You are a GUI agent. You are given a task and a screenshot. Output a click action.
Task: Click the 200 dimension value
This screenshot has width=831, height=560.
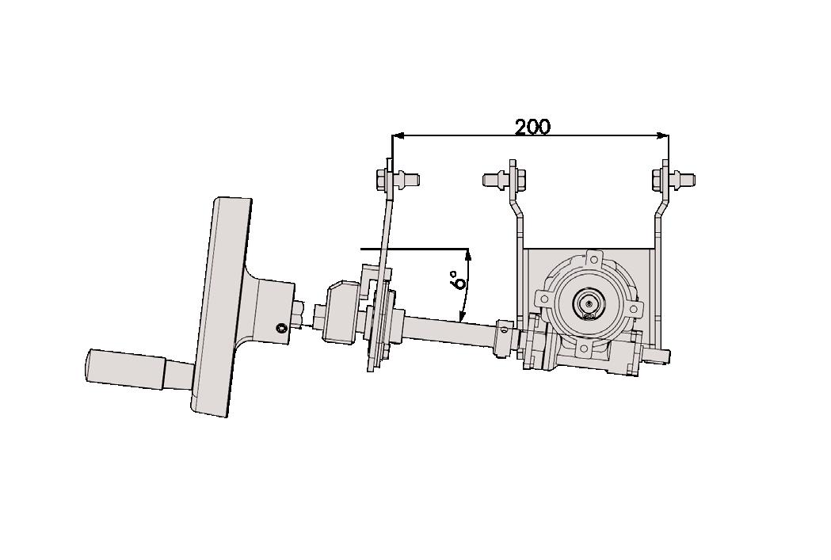point(532,127)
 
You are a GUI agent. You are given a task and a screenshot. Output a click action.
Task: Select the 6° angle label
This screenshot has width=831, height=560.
point(456,281)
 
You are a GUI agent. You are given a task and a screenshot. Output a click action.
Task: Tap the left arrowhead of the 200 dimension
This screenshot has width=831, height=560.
point(398,135)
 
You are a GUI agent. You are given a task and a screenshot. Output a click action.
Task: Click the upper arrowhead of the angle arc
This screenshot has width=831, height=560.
point(469,254)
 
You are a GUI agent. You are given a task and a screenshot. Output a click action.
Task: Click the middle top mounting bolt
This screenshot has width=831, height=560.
point(501,178)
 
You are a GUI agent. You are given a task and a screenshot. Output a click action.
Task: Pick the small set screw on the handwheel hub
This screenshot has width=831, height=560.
point(281,328)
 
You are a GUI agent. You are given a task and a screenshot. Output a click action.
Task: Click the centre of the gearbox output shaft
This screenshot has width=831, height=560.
point(589,303)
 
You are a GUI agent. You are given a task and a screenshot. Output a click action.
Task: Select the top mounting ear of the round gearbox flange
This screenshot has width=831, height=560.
point(594,258)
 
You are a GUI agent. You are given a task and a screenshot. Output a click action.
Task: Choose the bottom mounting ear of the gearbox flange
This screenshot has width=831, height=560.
point(584,349)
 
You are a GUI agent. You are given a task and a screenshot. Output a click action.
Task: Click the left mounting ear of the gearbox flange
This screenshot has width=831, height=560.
point(543,299)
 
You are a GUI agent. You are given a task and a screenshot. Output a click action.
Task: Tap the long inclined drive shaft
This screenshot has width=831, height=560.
point(448,326)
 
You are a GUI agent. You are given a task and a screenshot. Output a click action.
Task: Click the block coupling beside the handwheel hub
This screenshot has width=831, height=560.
point(342,313)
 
